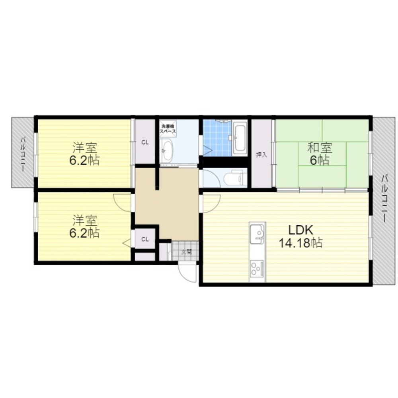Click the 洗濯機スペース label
click(168, 129)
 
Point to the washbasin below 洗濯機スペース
click(168, 150)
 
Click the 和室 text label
click(320, 148)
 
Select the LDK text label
click(301, 230)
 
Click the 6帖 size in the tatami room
click(320, 160)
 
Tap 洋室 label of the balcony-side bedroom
click(84, 148)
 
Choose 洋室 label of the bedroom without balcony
click(84, 220)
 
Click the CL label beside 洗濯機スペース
click(145, 142)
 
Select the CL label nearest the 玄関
click(145, 239)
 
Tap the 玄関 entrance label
click(186, 252)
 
